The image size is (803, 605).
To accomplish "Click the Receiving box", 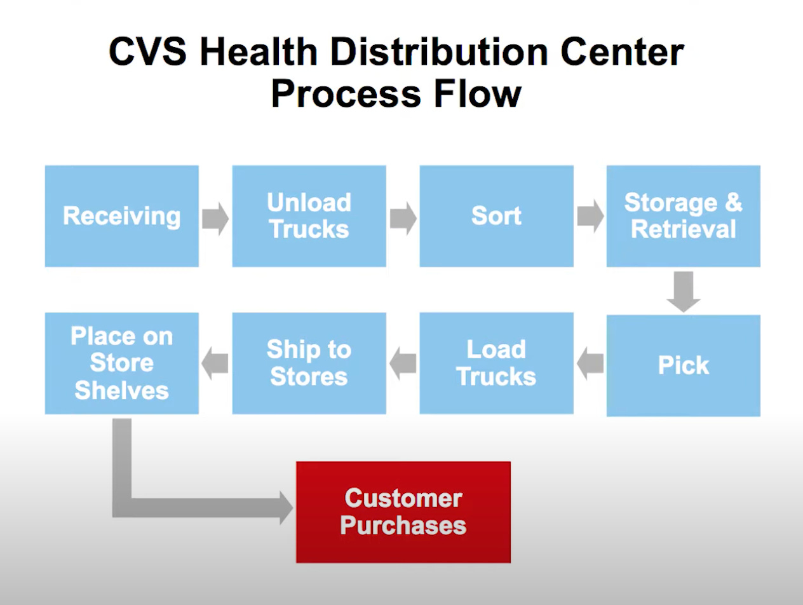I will coord(121,216).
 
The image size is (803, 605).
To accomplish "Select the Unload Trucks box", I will coord(309,216).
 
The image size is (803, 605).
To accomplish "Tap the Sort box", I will coord(496,216).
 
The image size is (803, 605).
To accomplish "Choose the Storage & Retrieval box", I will coord(683,216).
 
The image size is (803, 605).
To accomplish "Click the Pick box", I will coord(683,365).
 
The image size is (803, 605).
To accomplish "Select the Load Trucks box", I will coord(496,363).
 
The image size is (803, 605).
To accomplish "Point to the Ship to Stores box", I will coord(309,363).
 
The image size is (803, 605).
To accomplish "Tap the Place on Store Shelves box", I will coord(121,363).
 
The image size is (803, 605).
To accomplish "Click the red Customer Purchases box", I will coord(403,512).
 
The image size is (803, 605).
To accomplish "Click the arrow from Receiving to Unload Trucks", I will coord(215,218).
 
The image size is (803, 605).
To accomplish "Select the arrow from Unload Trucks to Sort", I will coord(403,218).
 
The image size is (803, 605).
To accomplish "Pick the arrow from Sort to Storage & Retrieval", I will coord(590,218).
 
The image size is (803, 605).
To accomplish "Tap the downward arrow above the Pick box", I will coord(684,292).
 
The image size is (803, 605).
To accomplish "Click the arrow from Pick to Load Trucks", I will coord(590,364).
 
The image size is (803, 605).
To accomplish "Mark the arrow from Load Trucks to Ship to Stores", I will coord(403,364).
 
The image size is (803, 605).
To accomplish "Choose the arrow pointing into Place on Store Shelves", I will coord(215,364).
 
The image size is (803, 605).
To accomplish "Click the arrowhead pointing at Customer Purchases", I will coord(285,508).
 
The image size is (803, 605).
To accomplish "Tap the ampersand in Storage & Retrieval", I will coord(733,203).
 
